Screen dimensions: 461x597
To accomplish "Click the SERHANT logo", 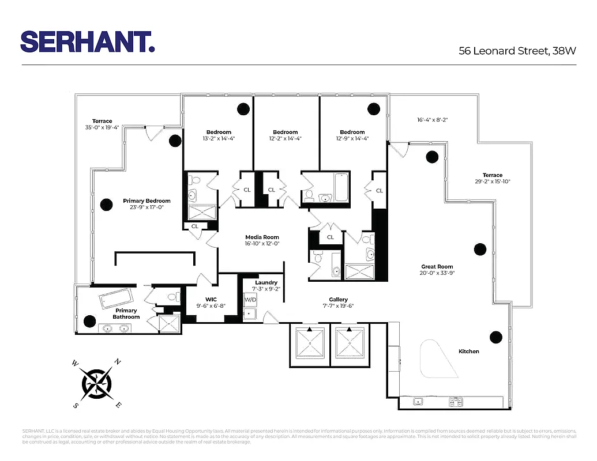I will tap(88, 41).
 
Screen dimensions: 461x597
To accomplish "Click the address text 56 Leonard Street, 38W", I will tap(517, 51).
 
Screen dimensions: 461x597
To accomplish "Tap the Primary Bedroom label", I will tap(147, 201).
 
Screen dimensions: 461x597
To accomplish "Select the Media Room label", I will tap(262, 237).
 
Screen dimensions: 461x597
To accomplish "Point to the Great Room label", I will tap(437, 267).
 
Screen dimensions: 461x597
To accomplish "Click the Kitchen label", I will tap(468, 352).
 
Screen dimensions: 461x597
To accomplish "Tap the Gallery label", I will tap(339, 300).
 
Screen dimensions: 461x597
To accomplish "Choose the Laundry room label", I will tap(265, 282).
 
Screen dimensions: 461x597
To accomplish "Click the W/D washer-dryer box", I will tap(250, 300).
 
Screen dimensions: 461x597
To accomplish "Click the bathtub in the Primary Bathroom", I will tap(115, 300).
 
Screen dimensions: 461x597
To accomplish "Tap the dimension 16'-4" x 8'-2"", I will tap(433, 120).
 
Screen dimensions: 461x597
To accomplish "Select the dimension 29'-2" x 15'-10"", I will tap(492, 182).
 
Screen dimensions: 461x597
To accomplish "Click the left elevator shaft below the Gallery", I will tap(310, 345).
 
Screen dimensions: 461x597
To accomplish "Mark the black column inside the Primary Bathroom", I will tap(89, 321).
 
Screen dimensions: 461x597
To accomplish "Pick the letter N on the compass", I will tap(118, 362).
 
